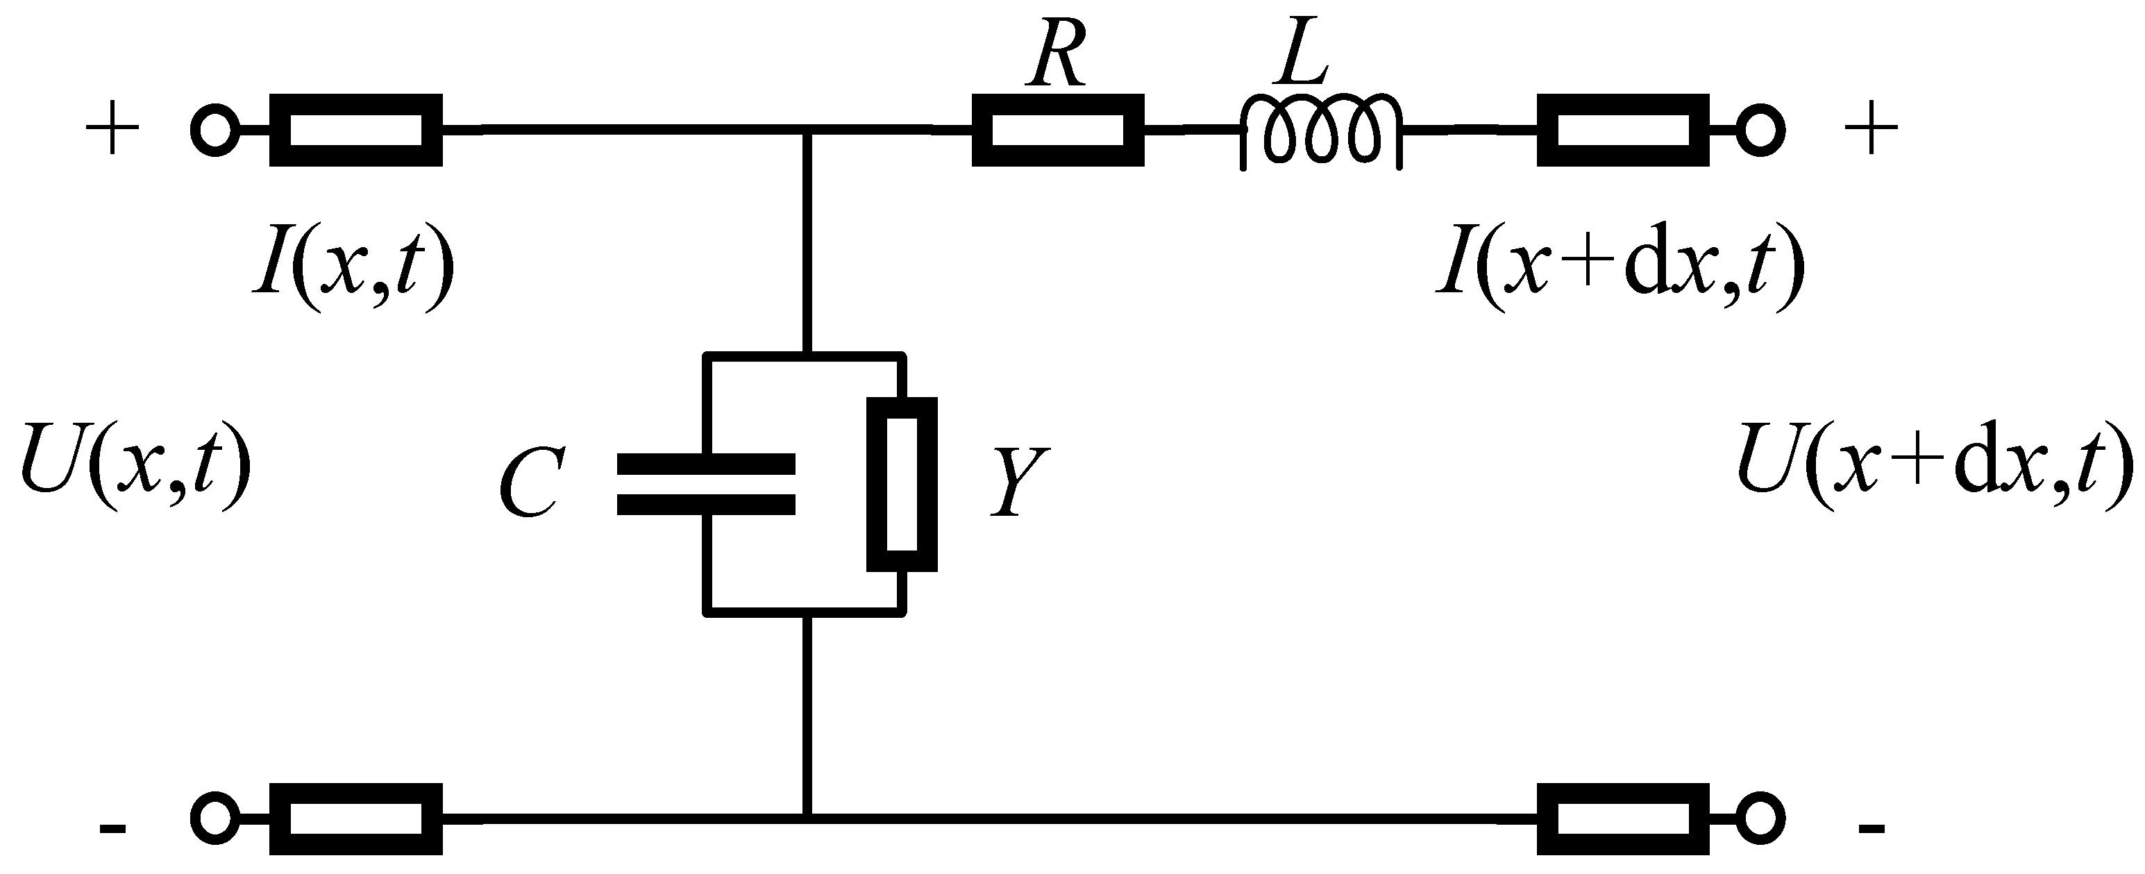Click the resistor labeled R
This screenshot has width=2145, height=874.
coord(1057,131)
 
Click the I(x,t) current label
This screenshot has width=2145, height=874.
coord(355,268)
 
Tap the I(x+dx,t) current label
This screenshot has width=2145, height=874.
coord(1620,268)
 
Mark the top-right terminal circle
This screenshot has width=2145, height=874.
coord(1758,131)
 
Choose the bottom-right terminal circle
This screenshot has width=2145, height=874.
coord(1758,819)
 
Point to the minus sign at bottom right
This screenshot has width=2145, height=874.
coord(1871,828)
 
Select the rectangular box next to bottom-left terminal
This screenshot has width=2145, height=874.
coord(355,819)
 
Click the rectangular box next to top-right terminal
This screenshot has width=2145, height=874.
coord(1623,131)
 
